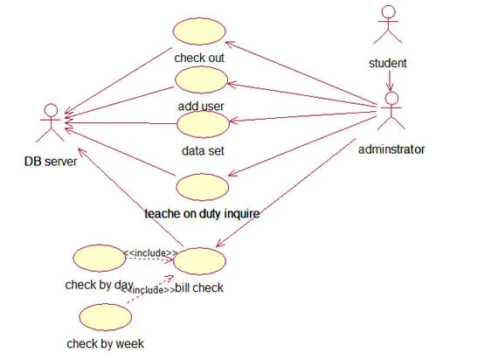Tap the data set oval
pos(203,123)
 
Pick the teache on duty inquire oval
pos(202,186)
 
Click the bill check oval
pos(201,260)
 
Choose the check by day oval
pos(98,258)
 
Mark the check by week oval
pos(104,317)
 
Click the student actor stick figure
pos(387,24)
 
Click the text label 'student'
pos(388,63)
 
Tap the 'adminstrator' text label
pos(391,149)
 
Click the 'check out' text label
pos(199,59)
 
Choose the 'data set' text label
pos(203,150)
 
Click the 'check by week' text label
pos(105,343)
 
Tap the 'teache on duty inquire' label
pos(203,212)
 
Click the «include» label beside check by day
pos(150,253)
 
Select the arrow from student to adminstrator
pos(389,80)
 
